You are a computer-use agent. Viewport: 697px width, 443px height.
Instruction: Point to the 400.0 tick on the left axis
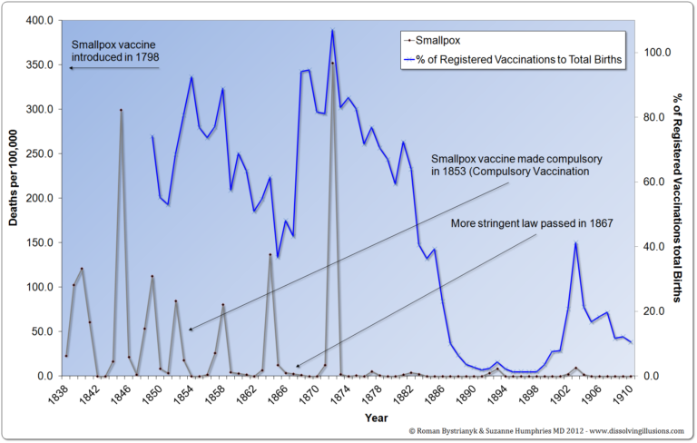pos(37,20)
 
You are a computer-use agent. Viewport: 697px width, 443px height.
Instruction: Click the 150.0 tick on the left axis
pos(37,242)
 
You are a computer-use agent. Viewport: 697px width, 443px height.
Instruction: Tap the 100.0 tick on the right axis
pos(655,53)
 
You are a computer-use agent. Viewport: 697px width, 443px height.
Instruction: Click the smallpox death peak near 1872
pos(333,63)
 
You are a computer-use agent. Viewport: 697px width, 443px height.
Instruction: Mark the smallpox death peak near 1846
pos(122,110)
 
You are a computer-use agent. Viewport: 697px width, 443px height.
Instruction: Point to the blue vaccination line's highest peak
pos(333,30)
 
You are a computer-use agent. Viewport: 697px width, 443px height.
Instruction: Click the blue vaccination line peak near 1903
pos(575,242)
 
